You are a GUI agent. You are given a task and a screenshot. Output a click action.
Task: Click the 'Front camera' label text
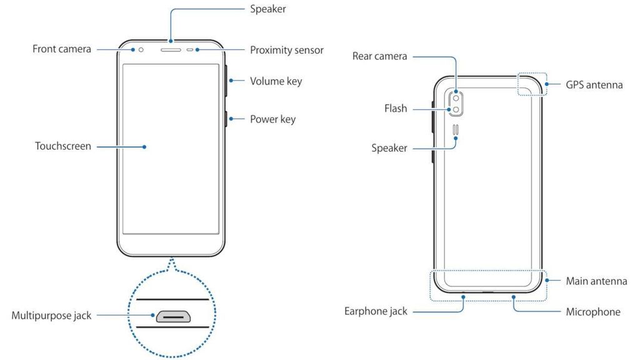tap(62, 49)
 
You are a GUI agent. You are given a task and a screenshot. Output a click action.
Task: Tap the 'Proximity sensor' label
tap(287, 50)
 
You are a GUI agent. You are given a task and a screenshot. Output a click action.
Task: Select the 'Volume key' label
tap(276, 81)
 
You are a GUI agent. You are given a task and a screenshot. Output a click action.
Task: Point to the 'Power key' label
tap(272, 119)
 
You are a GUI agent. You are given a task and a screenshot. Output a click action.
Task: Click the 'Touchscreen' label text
tap(63, 146)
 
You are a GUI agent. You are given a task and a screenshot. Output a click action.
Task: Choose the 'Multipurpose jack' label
tap(51, 316)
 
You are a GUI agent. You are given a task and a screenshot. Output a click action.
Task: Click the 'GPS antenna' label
tap(594, 84)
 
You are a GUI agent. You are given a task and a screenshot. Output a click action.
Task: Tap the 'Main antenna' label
tap(596, 281)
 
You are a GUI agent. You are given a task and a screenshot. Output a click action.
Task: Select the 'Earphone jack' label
tap(376, 311)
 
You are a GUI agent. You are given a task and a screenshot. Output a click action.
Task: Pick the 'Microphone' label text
tap(593, 311)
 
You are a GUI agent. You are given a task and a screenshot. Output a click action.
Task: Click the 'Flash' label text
tap(396, 108)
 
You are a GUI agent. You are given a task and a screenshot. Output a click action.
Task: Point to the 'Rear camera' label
tap(380, 56)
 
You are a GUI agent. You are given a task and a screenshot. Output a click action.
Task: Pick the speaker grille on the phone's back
tap(456, 130)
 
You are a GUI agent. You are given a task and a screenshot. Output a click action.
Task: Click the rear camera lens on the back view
tap(456, 97)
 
